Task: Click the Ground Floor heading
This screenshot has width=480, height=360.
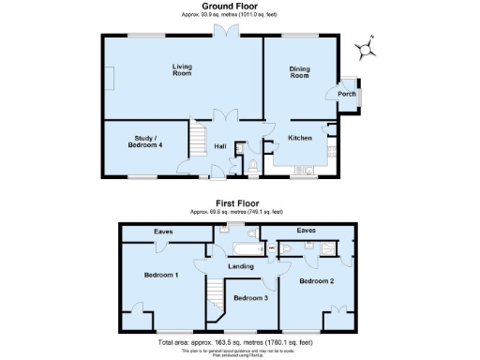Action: coord(231,7)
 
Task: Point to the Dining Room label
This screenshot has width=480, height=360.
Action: coord(299,72)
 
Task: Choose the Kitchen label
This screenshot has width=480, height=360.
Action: coord(299,138)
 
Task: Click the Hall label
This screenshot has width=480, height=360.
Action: coord(220,146)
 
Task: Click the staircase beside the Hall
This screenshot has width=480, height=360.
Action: coord(198,143)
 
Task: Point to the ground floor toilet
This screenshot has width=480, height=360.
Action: coord(254,166)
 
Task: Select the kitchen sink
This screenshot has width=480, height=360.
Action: coord(306,171)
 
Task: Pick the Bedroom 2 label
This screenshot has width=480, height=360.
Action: coord(316,280)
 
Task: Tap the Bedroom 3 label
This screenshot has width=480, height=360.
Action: coord(251,298)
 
